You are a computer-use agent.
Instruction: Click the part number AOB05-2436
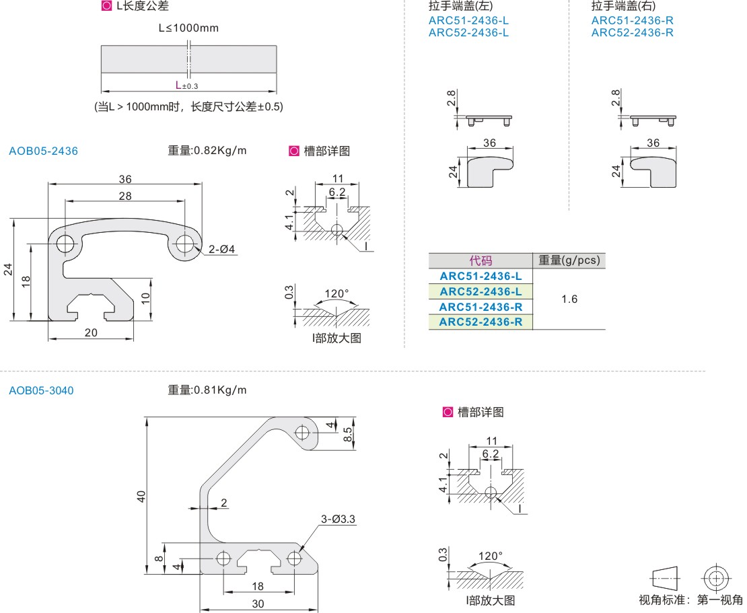pyautogui.click(x=43, y=151)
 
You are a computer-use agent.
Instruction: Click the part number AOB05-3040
pyautogui.click(x=41, y=390)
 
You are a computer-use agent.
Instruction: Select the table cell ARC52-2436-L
pyautogui.click(x=481, y=291)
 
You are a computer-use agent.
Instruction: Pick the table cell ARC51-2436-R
pyautogui.click(x=481, y=307)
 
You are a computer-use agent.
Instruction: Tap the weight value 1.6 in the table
pyautogui.click(x=569, y=299)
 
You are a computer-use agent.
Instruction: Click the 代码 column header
pyautogui.click(x=481, y=260)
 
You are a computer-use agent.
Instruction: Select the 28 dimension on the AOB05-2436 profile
pyautogui.click(x=125, y=195)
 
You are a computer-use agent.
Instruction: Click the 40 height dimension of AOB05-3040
pyautogui.click(x=141, y=496)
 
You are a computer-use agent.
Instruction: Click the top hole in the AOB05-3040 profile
pyautogui.click(x=303, y=431)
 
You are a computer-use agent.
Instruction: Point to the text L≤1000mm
pyautogui.click(x=188, y=28)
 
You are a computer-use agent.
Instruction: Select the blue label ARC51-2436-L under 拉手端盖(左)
pyautogui.click(x=468, y=20)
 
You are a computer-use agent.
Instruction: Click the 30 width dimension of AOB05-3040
pyautogui.click(x=258, y=604)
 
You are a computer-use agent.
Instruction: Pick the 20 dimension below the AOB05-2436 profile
pyautogui.click(x=91, y=332)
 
